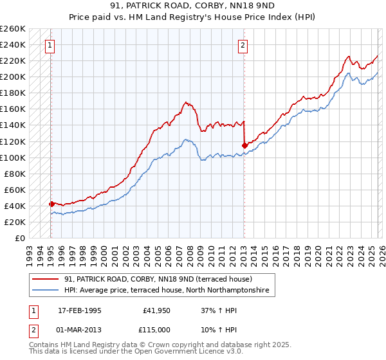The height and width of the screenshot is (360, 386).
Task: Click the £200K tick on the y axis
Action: point(13,77)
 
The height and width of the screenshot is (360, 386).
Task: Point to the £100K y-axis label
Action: point(13,157)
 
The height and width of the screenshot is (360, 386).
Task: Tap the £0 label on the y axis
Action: point(20,238)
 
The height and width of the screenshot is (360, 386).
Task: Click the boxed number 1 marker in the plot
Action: point(50,45)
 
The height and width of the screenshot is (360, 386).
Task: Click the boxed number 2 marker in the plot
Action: point(243,45)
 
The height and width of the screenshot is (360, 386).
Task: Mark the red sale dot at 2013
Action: point(244,145)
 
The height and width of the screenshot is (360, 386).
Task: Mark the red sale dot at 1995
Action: point(51,204)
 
